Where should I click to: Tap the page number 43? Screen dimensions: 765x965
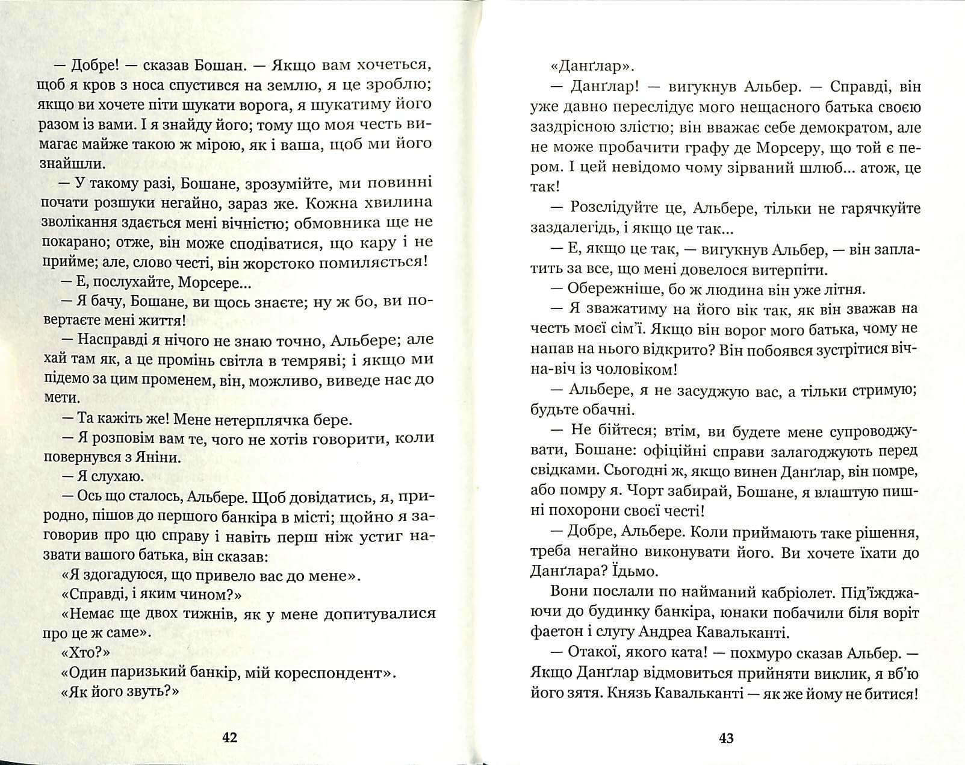point(726,737)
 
